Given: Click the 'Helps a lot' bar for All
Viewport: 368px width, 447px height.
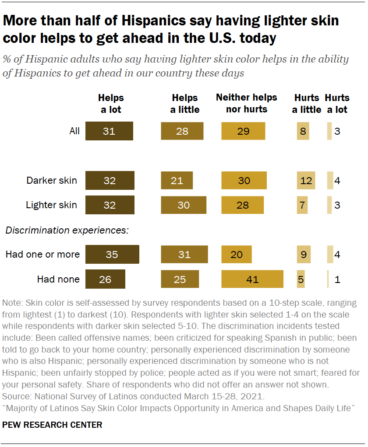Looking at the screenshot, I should tap(109, 131).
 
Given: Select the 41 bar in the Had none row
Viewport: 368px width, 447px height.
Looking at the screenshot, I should tap(252, 279).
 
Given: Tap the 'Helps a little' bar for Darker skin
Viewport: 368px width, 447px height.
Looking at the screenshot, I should tap(177, 181).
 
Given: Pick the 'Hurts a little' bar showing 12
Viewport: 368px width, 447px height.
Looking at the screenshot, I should tap(306, 181).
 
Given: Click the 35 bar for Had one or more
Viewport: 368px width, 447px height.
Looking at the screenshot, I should tap(112, 254).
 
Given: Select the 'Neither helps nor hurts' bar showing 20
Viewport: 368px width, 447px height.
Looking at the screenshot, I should tap(237, 254).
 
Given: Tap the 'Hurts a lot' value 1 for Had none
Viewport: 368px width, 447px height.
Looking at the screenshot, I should tap(337, 279).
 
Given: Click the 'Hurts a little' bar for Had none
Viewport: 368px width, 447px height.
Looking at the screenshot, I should tap(301, 279).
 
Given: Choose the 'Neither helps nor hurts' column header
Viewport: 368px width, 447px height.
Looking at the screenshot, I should tap(246, 103).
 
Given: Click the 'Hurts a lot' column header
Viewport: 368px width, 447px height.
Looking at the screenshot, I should tap(337, 104).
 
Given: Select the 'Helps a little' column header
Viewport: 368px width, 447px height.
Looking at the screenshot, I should tap(184, 104).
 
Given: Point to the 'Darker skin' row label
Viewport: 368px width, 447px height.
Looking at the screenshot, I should tap(52, 181).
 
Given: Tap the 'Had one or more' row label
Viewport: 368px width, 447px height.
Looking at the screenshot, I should tap(42, 254).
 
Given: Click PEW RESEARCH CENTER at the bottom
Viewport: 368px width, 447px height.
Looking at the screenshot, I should tap(53, 425).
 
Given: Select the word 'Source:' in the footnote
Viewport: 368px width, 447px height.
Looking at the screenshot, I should tap(17, 397).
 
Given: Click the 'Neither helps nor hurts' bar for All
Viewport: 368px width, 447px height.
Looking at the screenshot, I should tap(243, 131).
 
